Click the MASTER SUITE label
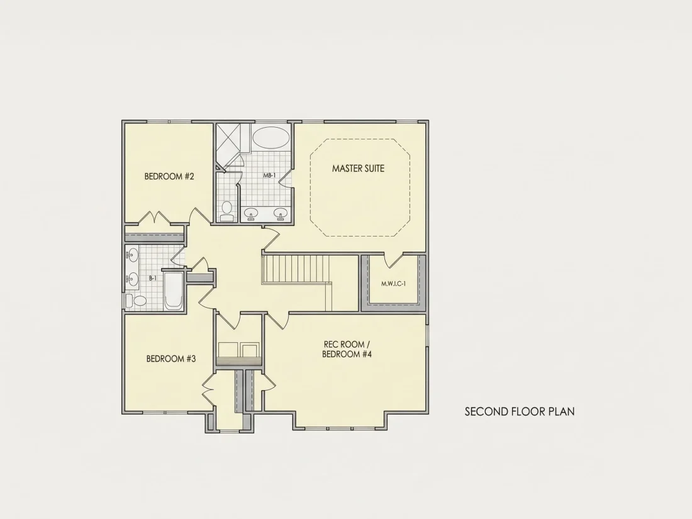click(x=358, y=168)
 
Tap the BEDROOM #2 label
click(x=169, y=177)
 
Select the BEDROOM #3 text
click(x=170, y=359)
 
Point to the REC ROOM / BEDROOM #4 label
click(x=347, y=349)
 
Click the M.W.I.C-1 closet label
click(x=393, y=284)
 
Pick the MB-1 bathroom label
click(x=269, y=176)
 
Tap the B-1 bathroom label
click(x=152, y=278)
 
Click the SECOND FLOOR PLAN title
click(x=520, y=411)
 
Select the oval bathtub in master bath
click(x=271, y=138)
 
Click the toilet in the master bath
click(x=227, y=211)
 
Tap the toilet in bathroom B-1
click(x=137, y=301)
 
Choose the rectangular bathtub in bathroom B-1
click(x=174, y=291)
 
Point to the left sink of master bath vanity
click(x=252, y=214)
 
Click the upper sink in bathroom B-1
click(x=131, y=255)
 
